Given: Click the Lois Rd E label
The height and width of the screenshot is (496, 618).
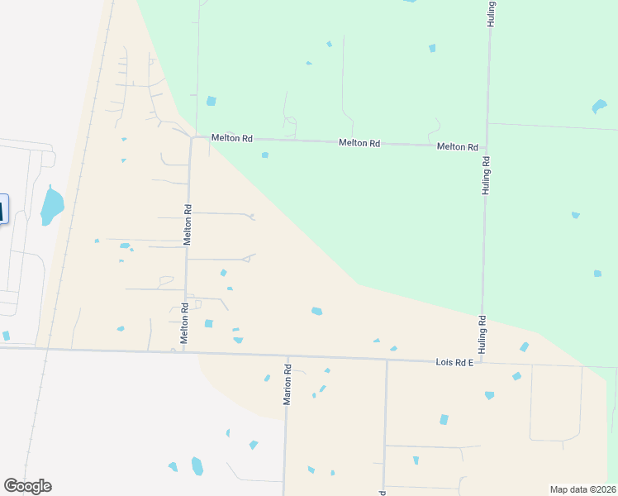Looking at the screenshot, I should point(454,363).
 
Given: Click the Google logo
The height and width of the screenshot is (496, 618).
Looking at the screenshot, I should point(27,486).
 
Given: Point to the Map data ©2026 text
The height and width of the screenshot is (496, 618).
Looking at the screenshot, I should point(583,489).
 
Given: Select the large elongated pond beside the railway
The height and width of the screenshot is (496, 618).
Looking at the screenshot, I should point(51,206).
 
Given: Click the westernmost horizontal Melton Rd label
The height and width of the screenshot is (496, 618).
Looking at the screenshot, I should point(231,139).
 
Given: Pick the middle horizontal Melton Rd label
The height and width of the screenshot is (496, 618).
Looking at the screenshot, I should point(359,143).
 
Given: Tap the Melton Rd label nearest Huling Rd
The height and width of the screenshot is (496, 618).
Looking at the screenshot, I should point(458,147).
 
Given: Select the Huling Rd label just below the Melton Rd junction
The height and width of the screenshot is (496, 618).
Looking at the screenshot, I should point(486,175).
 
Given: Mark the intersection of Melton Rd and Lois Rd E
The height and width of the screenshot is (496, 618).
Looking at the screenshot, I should point(183,351).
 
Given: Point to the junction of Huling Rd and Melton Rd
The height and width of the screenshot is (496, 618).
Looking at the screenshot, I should point(487,147).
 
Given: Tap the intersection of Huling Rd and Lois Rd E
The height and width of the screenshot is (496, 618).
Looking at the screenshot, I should point(482,362).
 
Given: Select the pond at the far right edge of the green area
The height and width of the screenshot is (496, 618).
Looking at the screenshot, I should point(599,107).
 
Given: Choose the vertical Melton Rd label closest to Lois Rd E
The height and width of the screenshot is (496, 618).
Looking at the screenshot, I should point(185,322).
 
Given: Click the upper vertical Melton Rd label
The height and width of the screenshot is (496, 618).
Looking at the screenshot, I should point(188,225).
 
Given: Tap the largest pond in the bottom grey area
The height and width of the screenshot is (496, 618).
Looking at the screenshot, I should point(197,466).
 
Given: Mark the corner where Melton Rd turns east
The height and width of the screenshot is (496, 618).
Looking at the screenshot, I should point(192,138).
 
